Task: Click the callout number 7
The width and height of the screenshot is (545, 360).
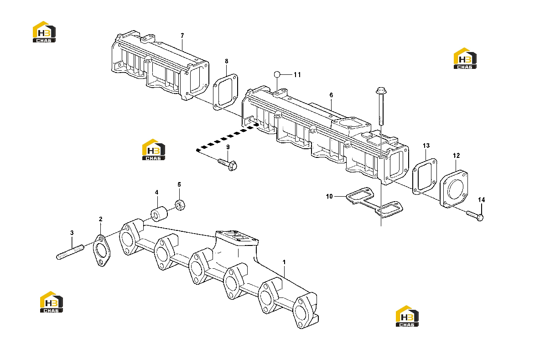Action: tap(182, 36)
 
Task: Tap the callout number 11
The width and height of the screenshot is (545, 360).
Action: tap(297, 75)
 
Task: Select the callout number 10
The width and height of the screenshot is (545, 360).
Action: tap(329, 197)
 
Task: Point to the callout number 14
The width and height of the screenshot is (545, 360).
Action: tap(482, 200)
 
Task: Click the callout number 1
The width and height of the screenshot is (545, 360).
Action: tap(284, 262)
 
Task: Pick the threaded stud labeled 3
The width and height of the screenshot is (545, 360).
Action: tap(70, 252)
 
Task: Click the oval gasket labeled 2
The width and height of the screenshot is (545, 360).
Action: tap(101, 250)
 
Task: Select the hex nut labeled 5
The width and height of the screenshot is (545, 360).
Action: tap(180, 204)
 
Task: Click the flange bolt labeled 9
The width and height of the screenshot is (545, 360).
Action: tap(228, 164)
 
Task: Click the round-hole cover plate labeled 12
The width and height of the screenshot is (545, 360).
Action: tap(454, 189)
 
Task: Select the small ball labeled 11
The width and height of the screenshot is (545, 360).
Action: tap(277, 74)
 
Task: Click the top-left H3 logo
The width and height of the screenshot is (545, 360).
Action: tap(44, 31)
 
